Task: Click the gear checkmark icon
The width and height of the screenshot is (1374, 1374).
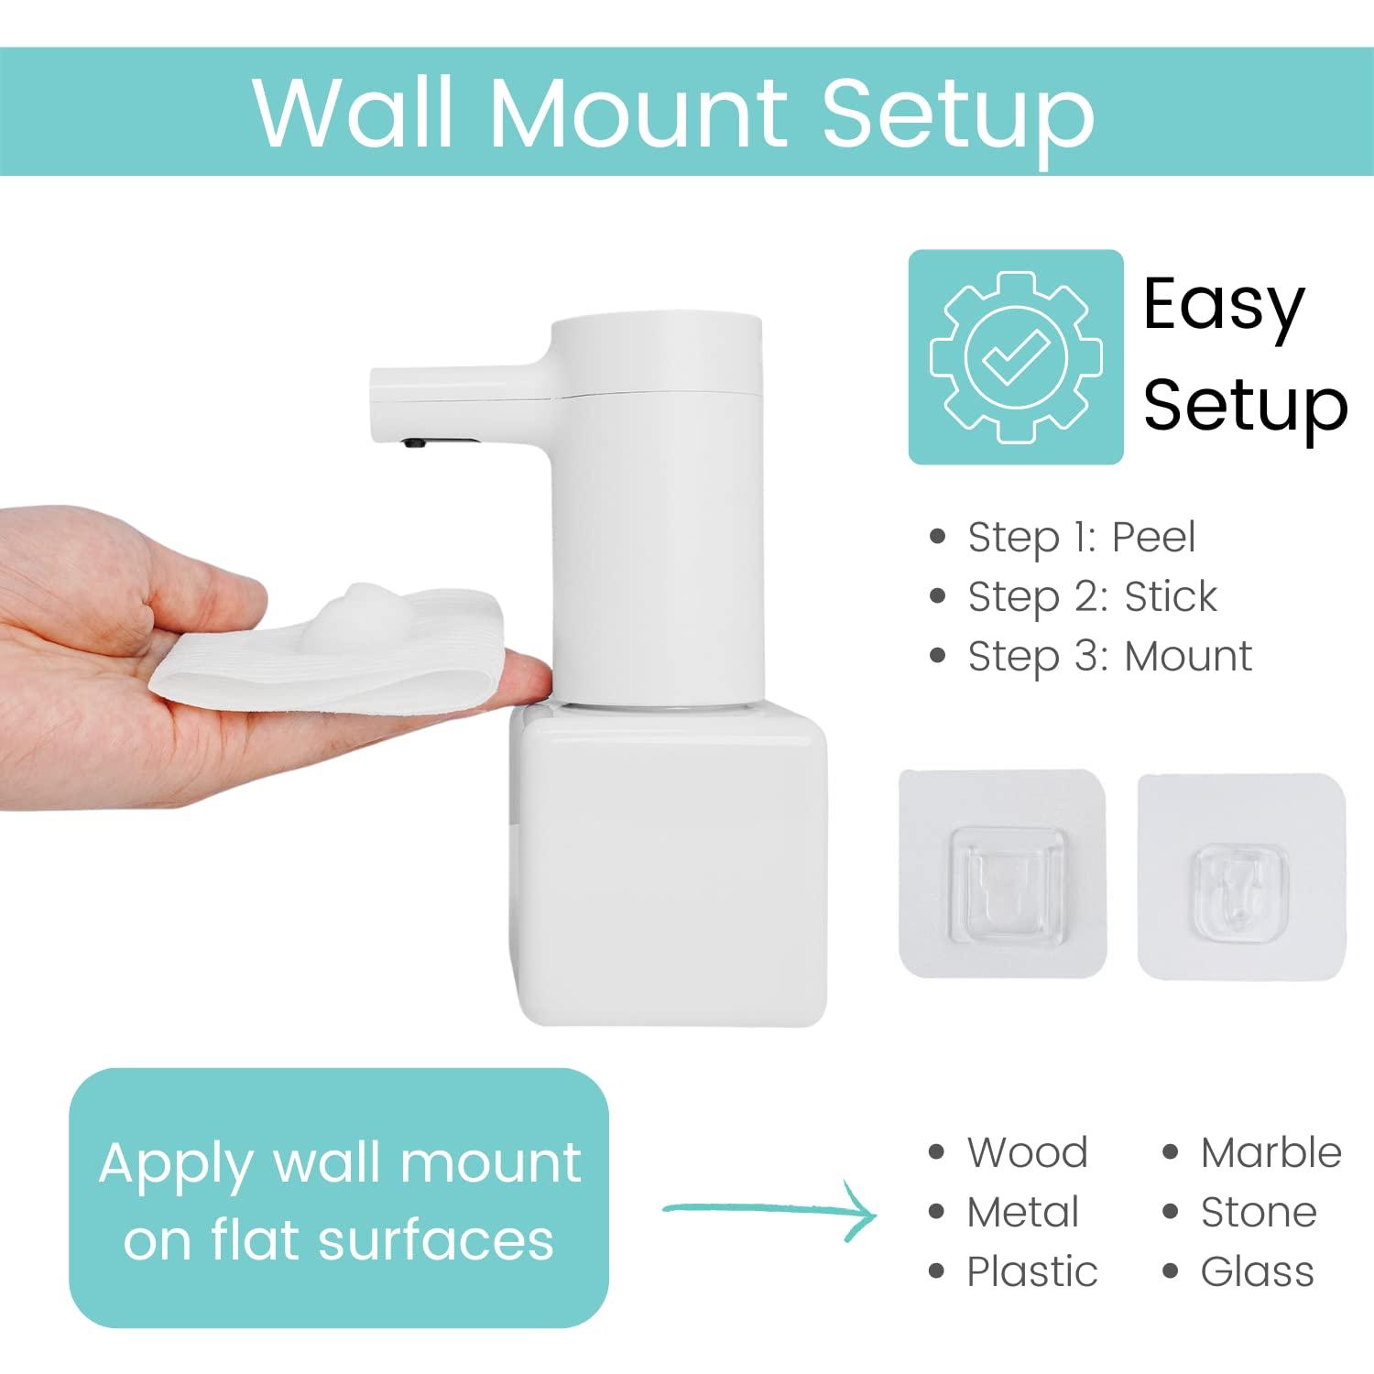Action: [x=1015, y=356]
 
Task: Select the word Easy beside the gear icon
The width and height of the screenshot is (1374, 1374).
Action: [x=1224, y=306]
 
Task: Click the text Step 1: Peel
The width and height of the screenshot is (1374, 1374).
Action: [x=1081, y=537]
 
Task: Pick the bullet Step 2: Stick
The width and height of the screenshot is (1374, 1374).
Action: [x=1092, y=597]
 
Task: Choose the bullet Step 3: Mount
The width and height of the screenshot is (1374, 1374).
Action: [x=1109, y=657]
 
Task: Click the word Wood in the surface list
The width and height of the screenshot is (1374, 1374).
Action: [x=1027, y=1152]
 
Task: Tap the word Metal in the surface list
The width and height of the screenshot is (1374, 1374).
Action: [x=1023, y=1213]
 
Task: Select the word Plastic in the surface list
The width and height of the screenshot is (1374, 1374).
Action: [x=1032, y=1272]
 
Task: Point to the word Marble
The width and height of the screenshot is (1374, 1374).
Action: [x=1270, y=1152]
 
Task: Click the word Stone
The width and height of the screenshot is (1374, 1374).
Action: [x=1259, y=1213]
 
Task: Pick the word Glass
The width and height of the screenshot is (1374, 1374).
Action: [x=1257, y=1272]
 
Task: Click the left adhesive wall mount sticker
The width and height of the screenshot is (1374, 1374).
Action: [x=1002, y=873]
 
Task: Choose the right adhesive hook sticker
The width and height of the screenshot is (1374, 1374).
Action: [x=1241, y=876]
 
